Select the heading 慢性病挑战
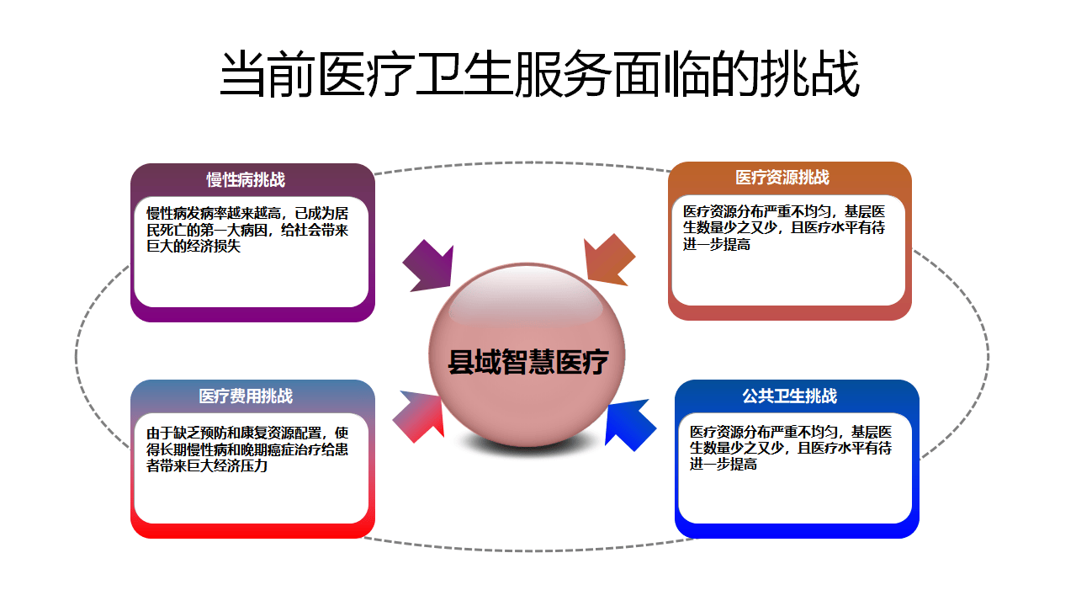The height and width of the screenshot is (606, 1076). (x=246, y=180)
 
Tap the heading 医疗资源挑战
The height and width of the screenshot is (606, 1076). (x=782, y=178)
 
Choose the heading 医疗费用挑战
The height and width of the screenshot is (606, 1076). (x=246, y=396)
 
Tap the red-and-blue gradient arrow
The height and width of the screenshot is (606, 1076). (x=421, y=414)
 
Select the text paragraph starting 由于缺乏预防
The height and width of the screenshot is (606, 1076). (x=247, y=449)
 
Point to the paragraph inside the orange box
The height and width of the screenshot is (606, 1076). (x=783, y=227)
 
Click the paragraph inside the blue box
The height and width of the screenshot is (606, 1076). (x=790, y=447)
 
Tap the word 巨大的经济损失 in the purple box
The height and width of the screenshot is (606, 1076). (x=193, y=247)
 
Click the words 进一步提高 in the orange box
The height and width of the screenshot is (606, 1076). (x=716, y=245)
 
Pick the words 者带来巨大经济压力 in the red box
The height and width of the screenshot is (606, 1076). (x=207, y=465)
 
